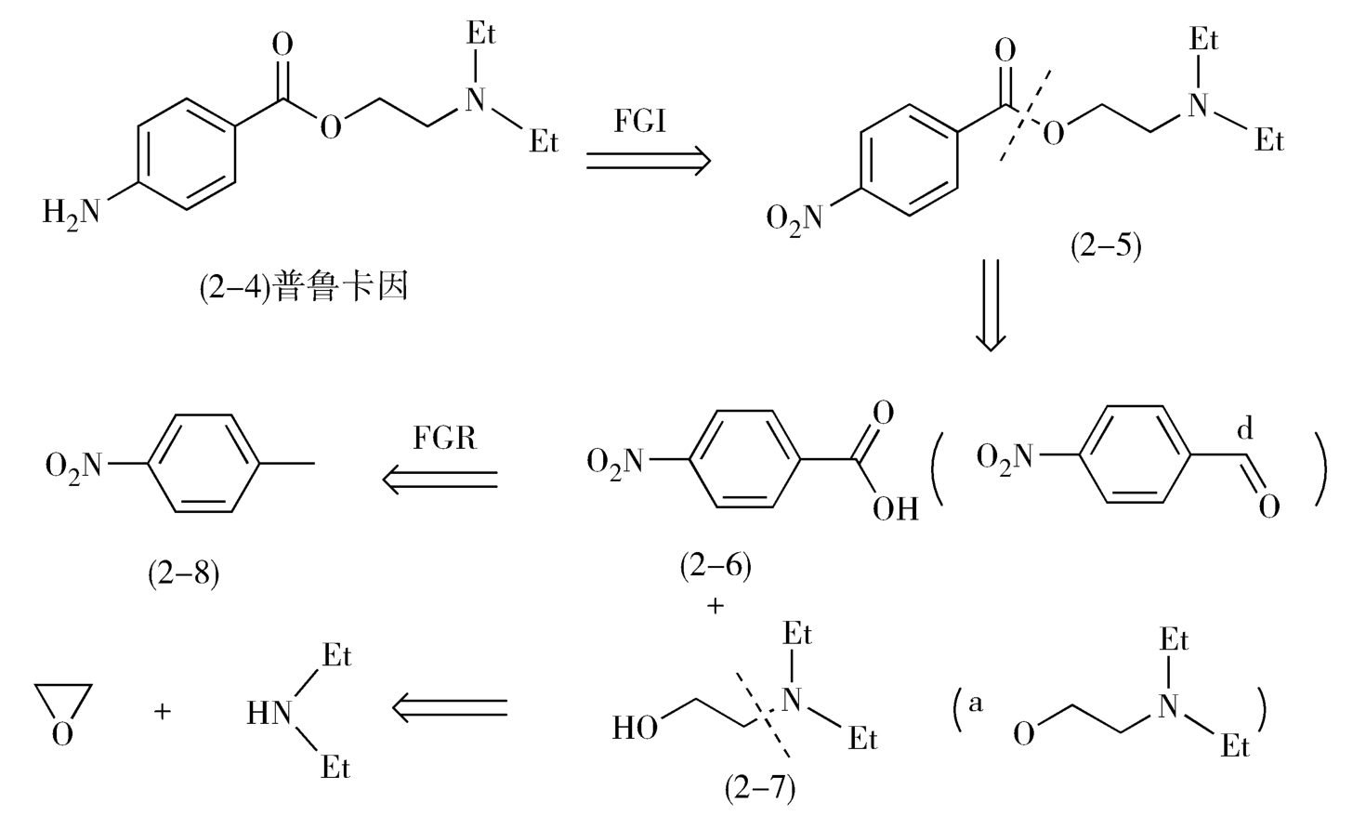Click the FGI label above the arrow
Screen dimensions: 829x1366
coord(640,121)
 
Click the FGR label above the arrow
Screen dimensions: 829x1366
coord(444,437)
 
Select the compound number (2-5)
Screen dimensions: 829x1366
coord(1105,246)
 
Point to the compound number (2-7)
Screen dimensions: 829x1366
coord(759,787)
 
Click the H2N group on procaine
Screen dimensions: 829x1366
coord(71,213)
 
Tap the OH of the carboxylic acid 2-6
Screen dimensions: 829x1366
coord(895,508)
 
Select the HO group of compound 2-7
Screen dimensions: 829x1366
coord(636,728)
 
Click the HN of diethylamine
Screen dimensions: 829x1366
coord(269,713)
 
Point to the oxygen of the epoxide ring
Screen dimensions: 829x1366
coord(62,735)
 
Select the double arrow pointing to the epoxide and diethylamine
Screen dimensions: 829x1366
coord(450,708)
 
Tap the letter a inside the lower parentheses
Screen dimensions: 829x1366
coord(975,704)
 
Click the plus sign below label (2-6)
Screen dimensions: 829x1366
coord(715,606)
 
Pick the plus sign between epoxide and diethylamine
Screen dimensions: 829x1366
coord(163,712)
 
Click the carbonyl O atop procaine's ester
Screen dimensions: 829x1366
coord(282,44)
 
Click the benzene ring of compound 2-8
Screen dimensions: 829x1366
coord(201,463)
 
